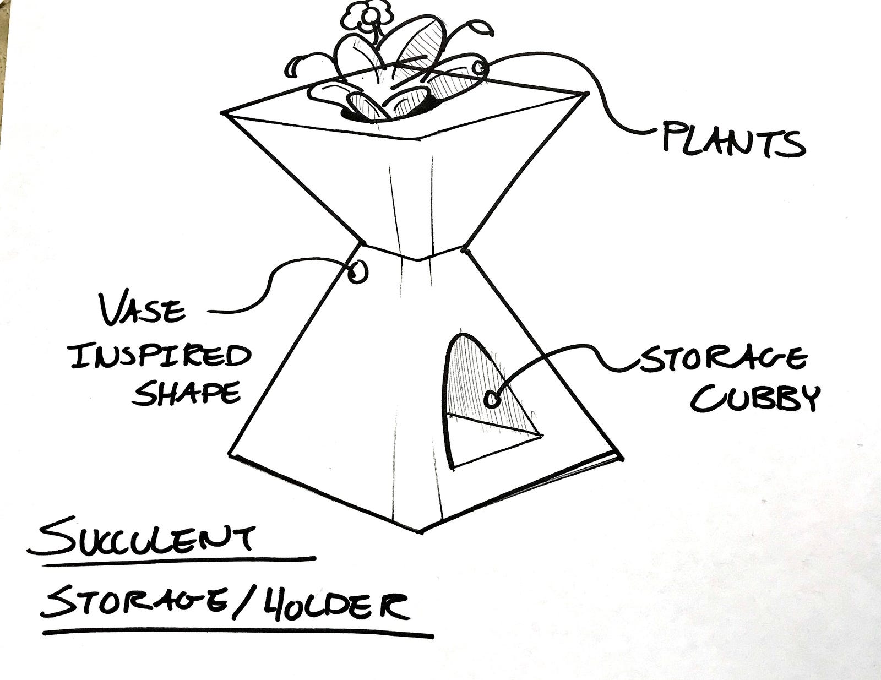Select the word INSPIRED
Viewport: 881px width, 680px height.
(x=160, y=356)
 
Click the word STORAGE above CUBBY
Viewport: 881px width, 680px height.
(x=722, y=360)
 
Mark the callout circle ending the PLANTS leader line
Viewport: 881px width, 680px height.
(x=479, y=69)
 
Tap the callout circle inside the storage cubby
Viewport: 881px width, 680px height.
(x=492, y=399)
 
